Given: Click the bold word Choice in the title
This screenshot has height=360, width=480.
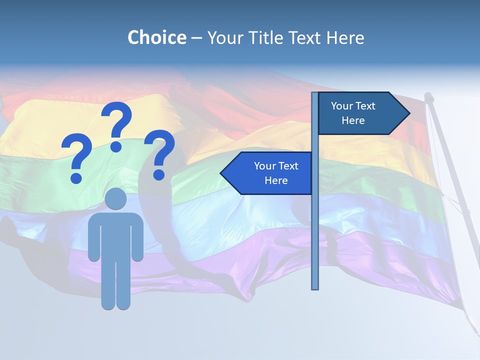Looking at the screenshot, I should [x=156, y=37].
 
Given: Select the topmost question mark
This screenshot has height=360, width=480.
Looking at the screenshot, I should [x=116, y=122].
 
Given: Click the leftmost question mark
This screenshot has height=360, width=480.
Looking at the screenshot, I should [x=76, y=157].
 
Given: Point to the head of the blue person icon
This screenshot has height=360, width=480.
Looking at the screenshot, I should [x=115, y=199].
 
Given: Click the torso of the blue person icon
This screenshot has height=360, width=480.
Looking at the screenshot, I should [x=115, y=235].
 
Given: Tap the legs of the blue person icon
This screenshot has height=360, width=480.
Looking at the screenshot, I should [x=115, y=285].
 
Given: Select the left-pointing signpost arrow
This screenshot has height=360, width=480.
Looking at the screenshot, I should [x=267, y=173].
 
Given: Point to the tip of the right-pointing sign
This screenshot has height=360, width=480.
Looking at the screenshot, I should [x=407, y=113].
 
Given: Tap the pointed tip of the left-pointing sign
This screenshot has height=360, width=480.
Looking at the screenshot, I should [x=223, y=173].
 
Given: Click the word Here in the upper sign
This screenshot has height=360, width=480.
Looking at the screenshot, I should [x=353, y=120].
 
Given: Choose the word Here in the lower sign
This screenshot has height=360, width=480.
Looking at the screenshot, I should [x=276, y=180].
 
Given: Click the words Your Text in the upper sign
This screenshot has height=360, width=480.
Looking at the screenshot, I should [x=353, y=106].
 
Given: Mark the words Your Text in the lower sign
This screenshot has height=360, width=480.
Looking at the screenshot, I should [x=276, y=166].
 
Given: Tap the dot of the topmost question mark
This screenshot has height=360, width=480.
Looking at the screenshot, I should [x=116, y=146].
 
